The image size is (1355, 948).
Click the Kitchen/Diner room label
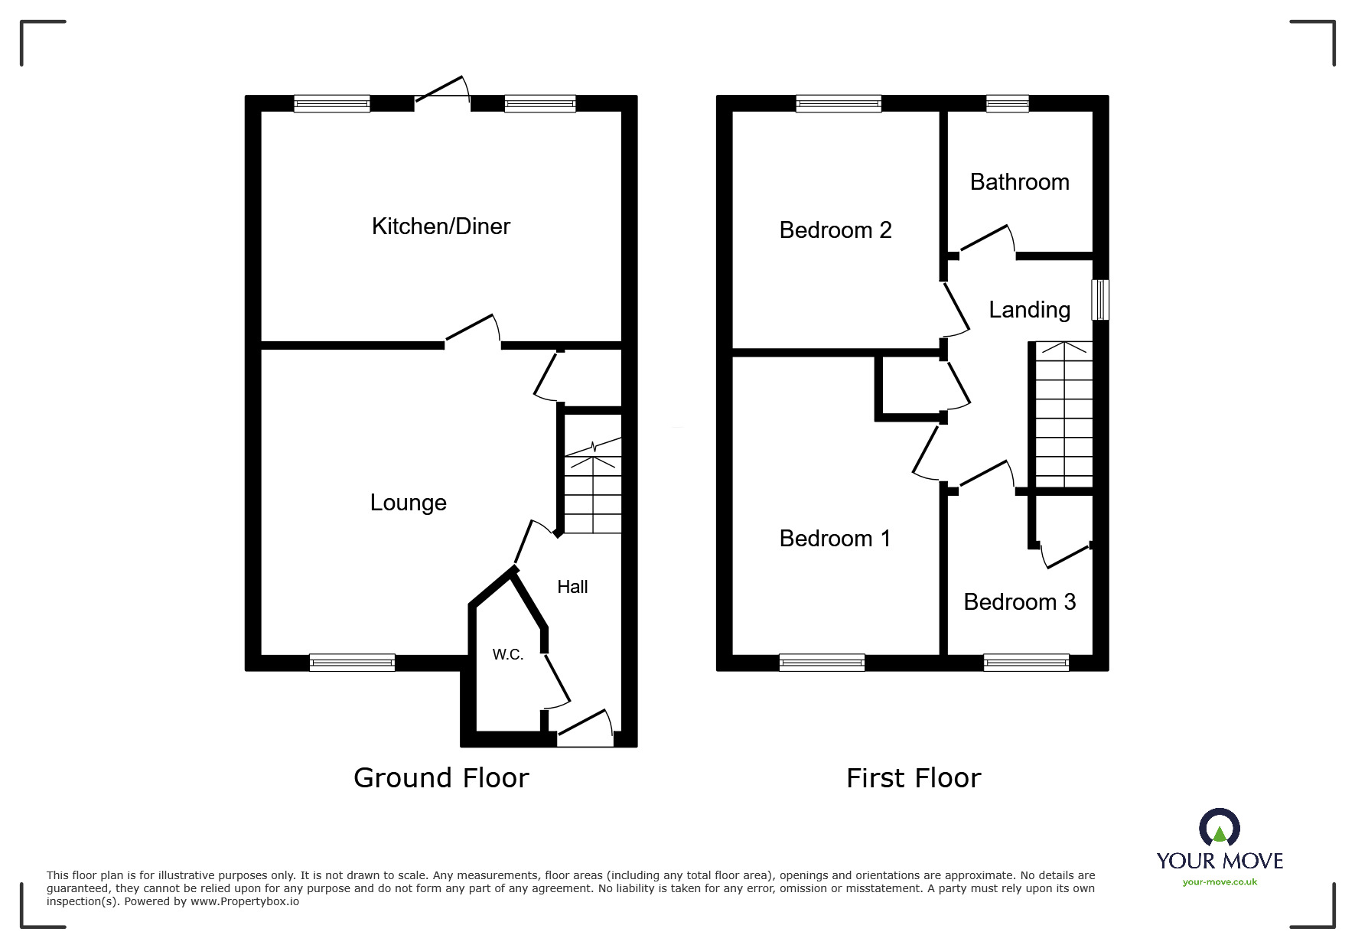tap(441, 226)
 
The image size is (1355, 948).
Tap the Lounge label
tap(408, 503)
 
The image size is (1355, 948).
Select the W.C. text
tap(507, 654)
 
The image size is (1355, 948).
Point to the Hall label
tap(572, 587)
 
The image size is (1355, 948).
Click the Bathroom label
tap(1019, 182)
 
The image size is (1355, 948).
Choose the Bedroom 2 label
tap(835, 230)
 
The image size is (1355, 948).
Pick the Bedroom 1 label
tap(835, 539)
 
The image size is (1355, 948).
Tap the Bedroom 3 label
tap(1019, 602)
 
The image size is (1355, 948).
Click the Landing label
tap(1029, 310)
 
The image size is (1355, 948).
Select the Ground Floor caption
tap(441, 778)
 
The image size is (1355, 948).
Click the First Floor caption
tap(913, 778)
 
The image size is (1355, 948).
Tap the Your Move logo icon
tap(1219, 828)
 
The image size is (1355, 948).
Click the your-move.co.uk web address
tap(1219, 882)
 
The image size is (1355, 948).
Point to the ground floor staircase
tap(592, 490)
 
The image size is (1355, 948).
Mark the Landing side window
tap(1099, 299)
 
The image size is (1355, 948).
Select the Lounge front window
tap(352, 663)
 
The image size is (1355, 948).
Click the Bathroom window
tap(1007, 103)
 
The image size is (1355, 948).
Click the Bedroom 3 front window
tap(1025, 663)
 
